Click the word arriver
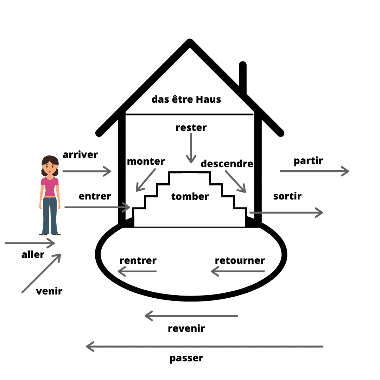pyautogui.click(x=80, y=155)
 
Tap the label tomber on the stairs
pyautogui.click(x=190, y=197)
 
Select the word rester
pyautogui.click(x=191, y=127)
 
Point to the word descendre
pyautogui.click(x=227, y=164)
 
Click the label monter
pyautogui.click(x=146, y=161)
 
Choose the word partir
pyautogui.click(x=308, y=161)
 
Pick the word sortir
pyautogui.click(x=287, y=196)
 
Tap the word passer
pyautogui.click(x=186, y=359)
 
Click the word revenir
pyautogui.click(x=186, y=329)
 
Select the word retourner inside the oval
pyautogui.click(x=240, y=261)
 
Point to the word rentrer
pyautogui.click(x=138, y=261)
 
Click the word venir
pyautogui.click(x=49, y=291)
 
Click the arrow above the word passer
pyautogui.click(x=204, y=347)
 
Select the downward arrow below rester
pyautogui.click(x=191, y=148)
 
